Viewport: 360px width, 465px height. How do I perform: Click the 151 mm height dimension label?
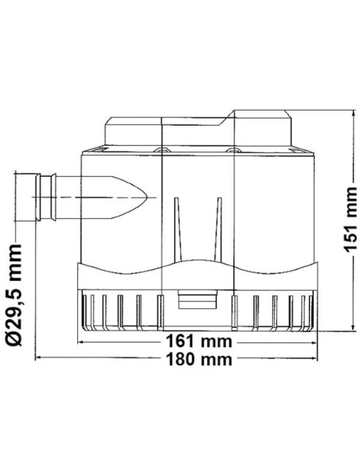click(345, 223)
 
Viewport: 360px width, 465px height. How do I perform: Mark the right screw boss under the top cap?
click(233, 149)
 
